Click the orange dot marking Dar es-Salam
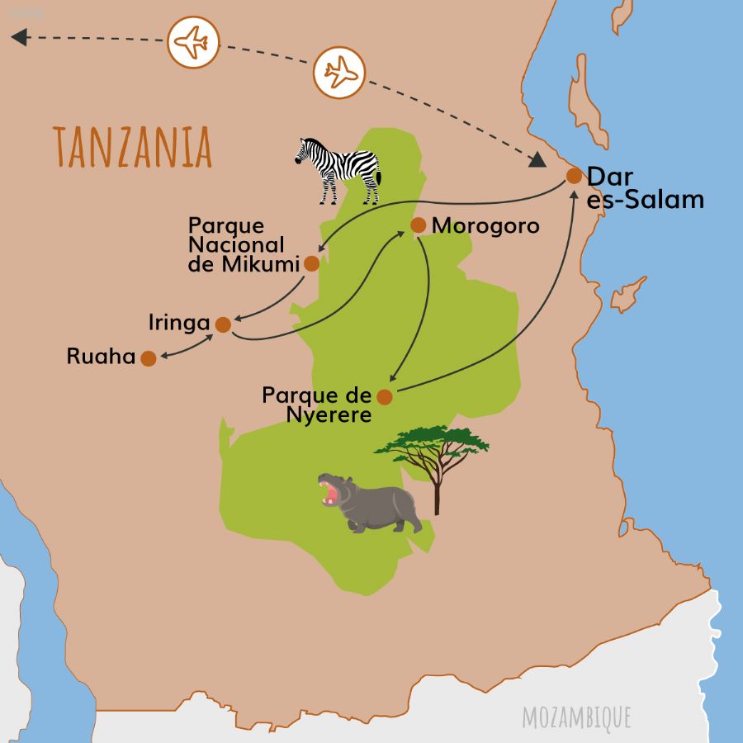(x=574, y=176)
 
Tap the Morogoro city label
(x=485, y=225)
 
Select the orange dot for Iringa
(x=223, y=324)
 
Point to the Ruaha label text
(x=102, y=357)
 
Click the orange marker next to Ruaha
(x=148, y=358)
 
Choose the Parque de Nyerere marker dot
(x=384, y=397)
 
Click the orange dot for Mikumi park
(x=311, y=264)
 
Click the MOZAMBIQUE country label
(x=575, y=717)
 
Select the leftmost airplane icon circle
(x=192, y=42)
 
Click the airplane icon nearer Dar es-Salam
(x=339, y=72)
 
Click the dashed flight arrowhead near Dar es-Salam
(x=537, y=160)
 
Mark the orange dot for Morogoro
(x=418, y=225)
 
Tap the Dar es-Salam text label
(x=644, y=188)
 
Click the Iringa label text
(x=179, y=323)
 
